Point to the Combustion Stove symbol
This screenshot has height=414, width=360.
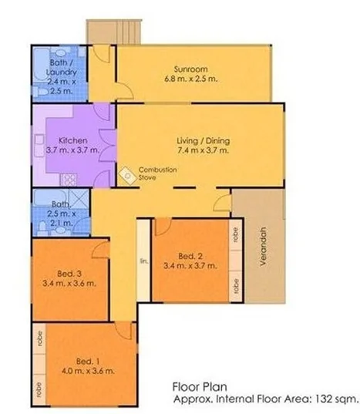click(x=126, y=175)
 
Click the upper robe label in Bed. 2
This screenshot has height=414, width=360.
click(x=234, y=235)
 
